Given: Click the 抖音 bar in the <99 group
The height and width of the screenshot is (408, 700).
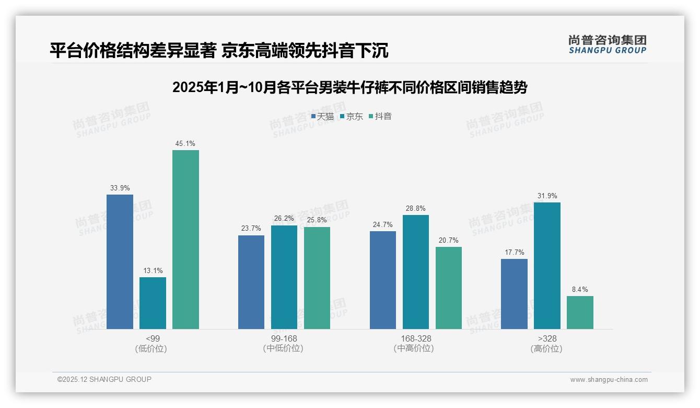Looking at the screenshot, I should point(185,240).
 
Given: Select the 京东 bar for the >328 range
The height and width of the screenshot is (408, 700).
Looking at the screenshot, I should point(547,266).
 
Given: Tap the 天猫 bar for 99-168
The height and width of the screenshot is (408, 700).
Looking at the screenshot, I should point(251,282).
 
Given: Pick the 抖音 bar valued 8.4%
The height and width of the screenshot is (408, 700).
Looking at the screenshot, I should point(580,312).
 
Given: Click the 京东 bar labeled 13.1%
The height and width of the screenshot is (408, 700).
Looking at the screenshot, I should point(153,303).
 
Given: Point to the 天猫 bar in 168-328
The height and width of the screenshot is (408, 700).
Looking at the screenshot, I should point(383,280).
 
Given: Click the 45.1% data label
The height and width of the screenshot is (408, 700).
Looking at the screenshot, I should point(185,143).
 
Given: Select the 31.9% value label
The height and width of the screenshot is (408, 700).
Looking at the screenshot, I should point(547,196).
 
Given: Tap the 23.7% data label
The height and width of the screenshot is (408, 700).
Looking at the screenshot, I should point(251,229).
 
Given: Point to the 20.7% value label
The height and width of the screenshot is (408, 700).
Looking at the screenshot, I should point(449,240).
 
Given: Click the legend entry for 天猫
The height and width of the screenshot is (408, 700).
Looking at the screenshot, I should point(322,117).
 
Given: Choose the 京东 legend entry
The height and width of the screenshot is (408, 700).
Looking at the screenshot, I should point(351,117).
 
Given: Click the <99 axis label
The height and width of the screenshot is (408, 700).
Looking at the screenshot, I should point(153,338).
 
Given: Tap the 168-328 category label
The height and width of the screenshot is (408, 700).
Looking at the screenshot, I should point(416,338).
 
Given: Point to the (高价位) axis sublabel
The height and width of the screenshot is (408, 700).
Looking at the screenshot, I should point(547,348).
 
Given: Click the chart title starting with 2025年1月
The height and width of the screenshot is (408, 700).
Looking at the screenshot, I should point(349,87).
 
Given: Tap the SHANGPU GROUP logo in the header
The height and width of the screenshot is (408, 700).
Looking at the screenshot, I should point(607,44).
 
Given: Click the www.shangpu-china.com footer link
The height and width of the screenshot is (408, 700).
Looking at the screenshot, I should point(609,380).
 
